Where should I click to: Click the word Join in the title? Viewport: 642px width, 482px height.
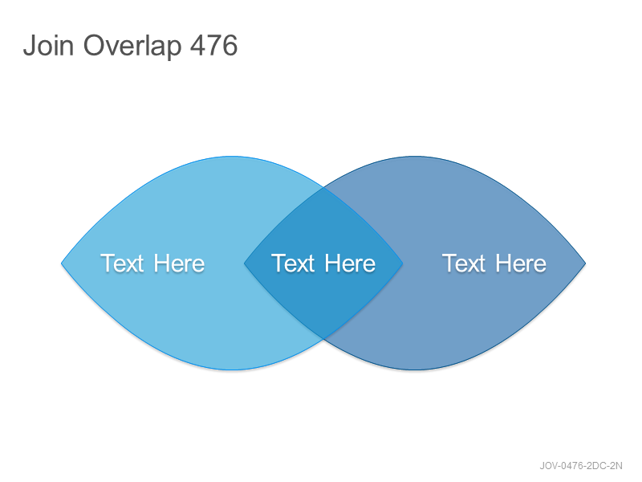click(48, 45)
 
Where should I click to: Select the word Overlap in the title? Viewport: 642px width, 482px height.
click(132, 47)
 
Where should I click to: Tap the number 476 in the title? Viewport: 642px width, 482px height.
click(213, 45)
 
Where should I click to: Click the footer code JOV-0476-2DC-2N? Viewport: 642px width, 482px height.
click(580, 466)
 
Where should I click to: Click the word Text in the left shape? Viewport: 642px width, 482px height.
click(122, 263)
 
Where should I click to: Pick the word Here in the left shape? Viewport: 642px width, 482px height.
click(179, 263)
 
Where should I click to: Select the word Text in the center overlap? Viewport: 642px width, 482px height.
click(293, 263)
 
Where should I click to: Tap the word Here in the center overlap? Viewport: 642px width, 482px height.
click(350, 263)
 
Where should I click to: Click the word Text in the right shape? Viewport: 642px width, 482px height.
click(464, 263)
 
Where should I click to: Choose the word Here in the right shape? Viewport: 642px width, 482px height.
click(520, 263)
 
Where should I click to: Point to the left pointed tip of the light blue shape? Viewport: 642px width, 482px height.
click(62, 263)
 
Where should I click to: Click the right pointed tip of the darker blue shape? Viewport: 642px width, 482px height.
click(586, 263)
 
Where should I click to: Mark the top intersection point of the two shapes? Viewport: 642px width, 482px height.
click(323, 187)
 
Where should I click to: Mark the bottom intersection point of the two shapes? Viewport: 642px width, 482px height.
click(323, 339)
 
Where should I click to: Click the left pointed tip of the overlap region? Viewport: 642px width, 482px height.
click(245, 263)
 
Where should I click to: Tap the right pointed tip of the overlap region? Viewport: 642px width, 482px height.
click(403, 263)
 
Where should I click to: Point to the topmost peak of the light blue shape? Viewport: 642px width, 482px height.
click(232, 157)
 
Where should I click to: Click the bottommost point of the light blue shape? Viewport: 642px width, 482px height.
click(232, 370)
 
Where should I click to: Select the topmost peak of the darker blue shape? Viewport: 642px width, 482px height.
click(415, 157)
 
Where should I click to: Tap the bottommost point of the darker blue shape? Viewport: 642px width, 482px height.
click(415, 370)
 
